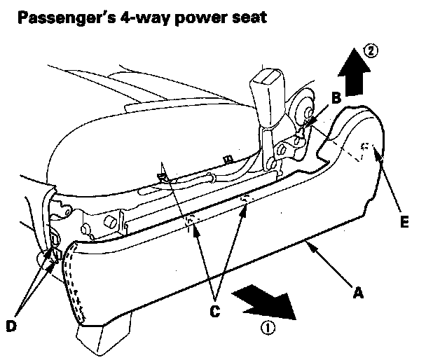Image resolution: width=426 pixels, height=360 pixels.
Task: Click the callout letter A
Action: click(359, 295)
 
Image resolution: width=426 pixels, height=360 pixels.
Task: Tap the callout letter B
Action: click(336, 99)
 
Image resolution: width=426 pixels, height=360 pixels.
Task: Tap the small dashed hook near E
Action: click(365, 147)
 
